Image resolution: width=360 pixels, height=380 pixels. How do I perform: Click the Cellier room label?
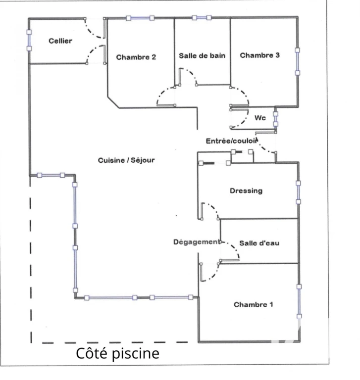60,41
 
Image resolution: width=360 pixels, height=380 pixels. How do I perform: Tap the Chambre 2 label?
136,57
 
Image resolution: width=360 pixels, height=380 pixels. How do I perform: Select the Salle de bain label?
202,56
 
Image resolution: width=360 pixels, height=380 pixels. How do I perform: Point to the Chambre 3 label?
260,55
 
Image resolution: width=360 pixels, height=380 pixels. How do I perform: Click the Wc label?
260,118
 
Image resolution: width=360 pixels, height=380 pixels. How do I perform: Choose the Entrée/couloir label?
232,141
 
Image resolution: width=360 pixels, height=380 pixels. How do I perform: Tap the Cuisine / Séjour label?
126,160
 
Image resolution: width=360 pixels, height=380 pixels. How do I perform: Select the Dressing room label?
246,190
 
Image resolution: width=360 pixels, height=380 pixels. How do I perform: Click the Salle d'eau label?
259,243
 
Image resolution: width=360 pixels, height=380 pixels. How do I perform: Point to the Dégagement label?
197,242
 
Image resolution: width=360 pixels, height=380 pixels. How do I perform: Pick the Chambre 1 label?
253,304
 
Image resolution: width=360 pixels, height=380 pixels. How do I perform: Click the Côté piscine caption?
118,353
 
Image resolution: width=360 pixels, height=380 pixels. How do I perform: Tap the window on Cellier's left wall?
29,40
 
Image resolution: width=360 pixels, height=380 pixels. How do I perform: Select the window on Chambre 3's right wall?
298,61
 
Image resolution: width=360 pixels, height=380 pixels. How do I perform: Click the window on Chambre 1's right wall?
299,301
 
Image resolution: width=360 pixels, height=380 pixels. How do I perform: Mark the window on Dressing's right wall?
299,192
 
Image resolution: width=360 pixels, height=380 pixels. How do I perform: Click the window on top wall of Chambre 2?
140,18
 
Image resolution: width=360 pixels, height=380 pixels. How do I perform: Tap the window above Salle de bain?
202,18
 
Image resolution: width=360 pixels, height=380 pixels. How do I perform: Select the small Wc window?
276,119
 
